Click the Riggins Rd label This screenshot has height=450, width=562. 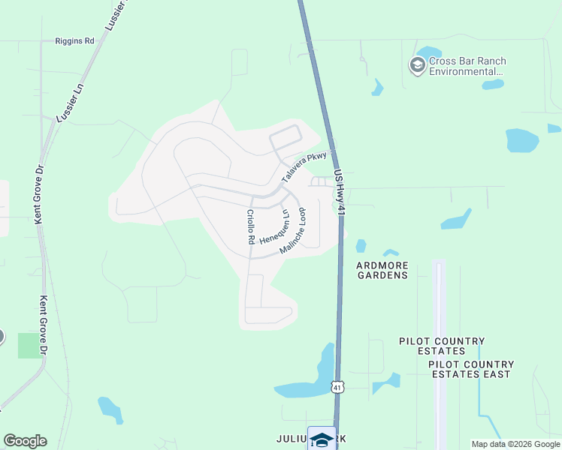74,41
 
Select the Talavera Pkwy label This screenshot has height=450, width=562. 304,167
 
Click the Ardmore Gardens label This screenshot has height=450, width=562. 382,269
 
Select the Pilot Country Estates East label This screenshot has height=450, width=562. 470,369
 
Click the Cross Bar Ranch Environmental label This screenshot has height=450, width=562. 467,66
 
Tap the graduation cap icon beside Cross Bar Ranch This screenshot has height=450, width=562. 417,66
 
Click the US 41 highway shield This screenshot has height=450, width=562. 338,386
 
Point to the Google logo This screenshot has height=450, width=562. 25,441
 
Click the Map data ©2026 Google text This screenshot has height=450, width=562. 516,444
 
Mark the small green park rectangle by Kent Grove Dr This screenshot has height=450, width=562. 30,346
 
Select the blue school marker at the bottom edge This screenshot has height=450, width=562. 322,439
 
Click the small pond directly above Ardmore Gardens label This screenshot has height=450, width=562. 390,253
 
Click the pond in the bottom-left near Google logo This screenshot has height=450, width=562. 110,409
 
